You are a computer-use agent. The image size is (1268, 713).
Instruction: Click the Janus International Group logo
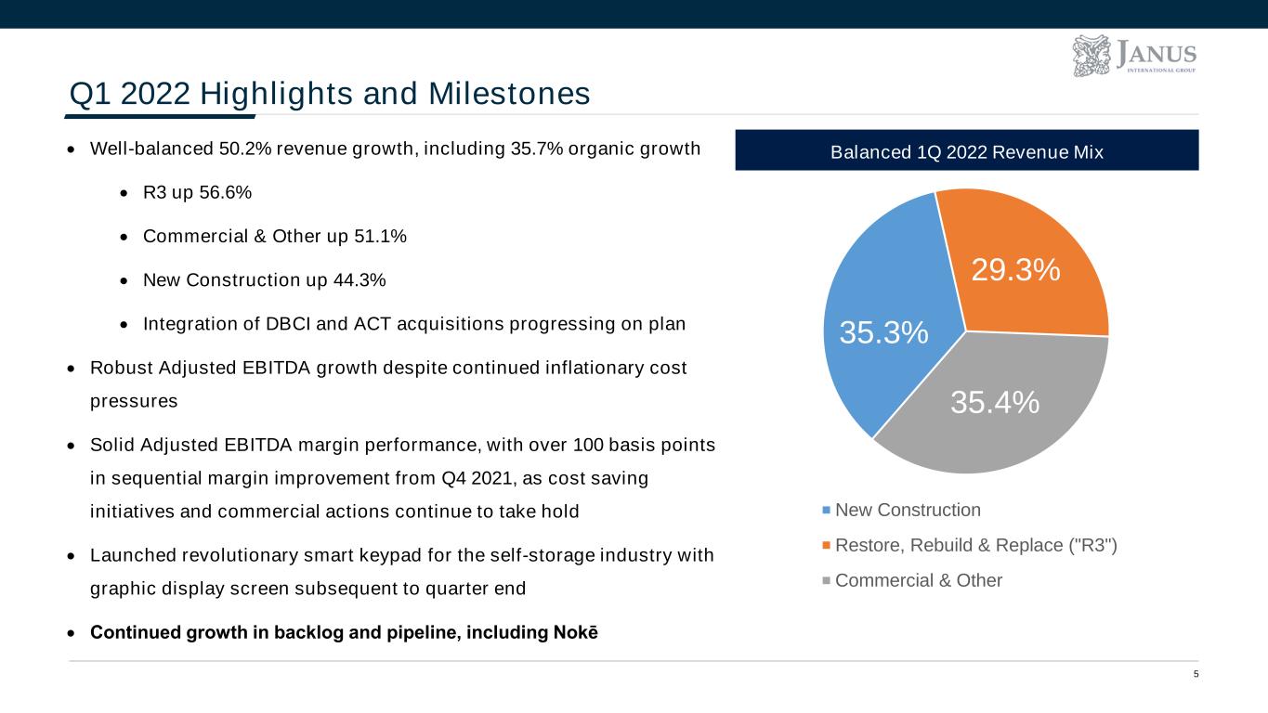(x=1133, y=56)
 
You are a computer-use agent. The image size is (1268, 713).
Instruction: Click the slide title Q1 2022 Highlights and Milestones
(x=330, y=94)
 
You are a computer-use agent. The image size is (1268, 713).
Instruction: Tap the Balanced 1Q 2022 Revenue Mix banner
(x=966, y=150)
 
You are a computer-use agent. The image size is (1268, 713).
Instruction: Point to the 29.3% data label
(x=1015, y=269)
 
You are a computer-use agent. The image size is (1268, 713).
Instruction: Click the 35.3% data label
(x=883, y=333)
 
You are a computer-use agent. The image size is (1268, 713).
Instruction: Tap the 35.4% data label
(x=994, y=402)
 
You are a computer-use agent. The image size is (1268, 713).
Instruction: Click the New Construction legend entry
(x=907, y=510)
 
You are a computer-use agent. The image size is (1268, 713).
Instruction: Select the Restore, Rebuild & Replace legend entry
(x=975, y=545)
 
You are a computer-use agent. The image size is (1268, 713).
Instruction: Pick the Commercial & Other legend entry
(x=918, y=580)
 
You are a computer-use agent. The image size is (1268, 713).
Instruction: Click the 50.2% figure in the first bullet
(x=242, y=150)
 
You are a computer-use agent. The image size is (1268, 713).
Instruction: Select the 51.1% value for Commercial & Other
(x=381, y=237)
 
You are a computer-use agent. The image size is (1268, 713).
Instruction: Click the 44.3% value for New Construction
(x=361, y=279)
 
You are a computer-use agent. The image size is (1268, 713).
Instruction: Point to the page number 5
(x=1196, y=675)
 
